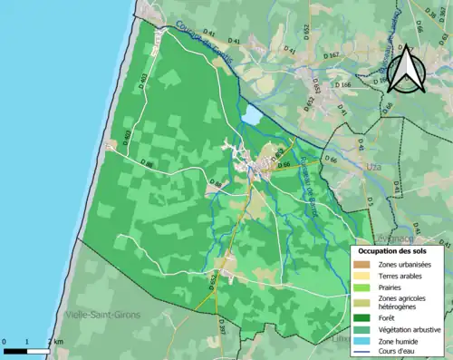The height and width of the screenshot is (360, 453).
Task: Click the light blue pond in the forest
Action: coord(251,116)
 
